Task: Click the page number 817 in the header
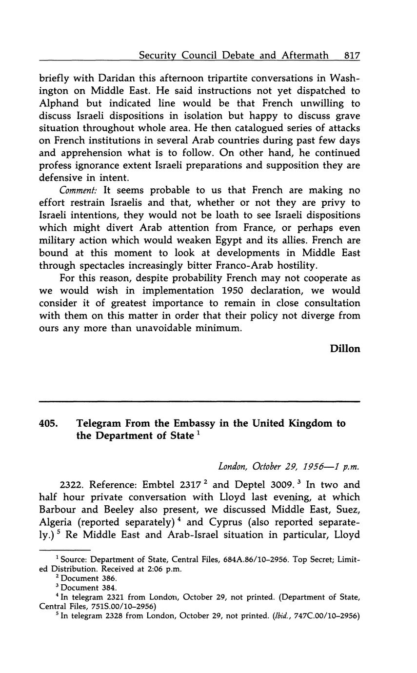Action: [x=352, y=56]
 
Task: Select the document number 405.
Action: [x=48, y=423]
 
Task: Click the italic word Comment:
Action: [x=79, y=190]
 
